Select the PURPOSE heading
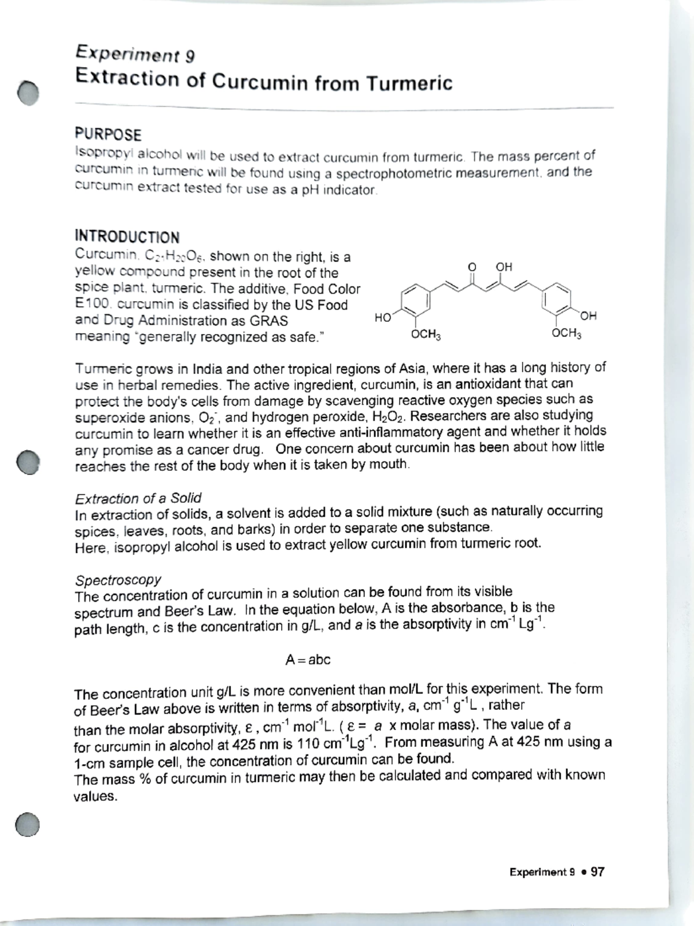pos(108,135)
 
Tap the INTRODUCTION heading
pos(127,237)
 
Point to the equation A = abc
pos(308,660)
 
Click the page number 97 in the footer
pos(597,872)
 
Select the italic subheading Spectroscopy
pos(118,579)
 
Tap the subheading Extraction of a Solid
pos(138,498)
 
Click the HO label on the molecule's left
pos(382,317)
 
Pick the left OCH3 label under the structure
pos(425,335)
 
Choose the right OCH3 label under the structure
pos(566,334)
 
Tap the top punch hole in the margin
pos(28,92)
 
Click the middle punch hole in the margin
pos(27,461)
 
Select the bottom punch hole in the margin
pos(27,824)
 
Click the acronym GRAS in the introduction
pos(268,321)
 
